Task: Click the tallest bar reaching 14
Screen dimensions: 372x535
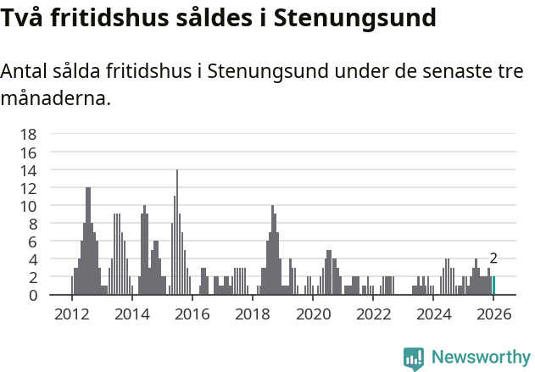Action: [x=177, y=232]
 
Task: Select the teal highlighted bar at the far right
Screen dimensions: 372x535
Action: [x=493, y=286]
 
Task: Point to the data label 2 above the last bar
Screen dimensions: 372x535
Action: [x=493, y=258]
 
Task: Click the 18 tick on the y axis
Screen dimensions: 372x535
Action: [x=28, y=134]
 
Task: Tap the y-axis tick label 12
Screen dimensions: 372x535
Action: [x=28, y=188]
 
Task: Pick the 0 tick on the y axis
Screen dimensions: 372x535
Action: [x=33, y=295]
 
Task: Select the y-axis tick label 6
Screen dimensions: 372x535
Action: [x=33, y=242]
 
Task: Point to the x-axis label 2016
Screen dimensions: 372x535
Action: [x=192, y=314]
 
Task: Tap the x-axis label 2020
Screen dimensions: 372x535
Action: [x=313, y=314]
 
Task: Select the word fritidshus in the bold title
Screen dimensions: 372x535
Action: [x=114, y=17]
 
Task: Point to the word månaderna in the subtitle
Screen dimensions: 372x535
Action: [x=56, y=98]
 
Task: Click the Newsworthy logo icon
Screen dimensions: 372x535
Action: [x=414, y=358]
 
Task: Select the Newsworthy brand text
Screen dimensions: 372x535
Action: [x=480, y=358]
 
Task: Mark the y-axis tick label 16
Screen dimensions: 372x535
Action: [x=28, y=153]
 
